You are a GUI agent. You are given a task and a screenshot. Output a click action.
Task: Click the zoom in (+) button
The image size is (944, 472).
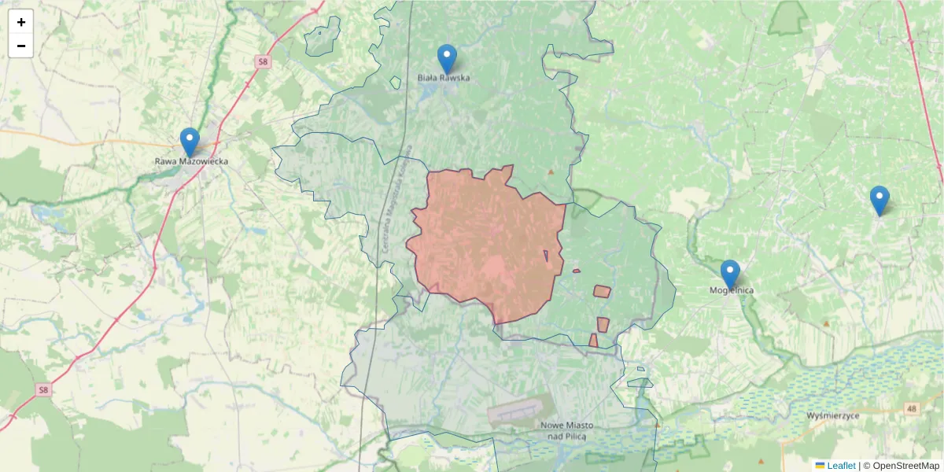tap(21, 22)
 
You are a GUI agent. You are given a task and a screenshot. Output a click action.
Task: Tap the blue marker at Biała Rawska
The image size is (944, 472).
tap(447, 58)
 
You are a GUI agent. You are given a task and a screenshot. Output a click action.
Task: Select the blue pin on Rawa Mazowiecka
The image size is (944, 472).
tap(190, 142)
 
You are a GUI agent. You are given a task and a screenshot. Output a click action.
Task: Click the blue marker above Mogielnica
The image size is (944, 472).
tap(730, 274)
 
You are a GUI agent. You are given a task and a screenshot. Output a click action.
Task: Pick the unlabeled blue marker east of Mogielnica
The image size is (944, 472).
tap(879, 200)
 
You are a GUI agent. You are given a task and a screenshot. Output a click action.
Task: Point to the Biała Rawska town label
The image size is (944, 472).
tap(444, 78)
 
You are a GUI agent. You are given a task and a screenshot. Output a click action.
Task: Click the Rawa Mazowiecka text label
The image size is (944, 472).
tap(191, 161)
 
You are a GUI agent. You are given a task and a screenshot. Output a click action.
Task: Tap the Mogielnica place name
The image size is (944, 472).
tap(732, 290)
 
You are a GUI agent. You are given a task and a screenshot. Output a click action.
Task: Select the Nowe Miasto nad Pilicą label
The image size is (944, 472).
tap(567, 430)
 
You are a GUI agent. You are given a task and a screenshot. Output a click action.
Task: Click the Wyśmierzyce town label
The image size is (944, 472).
tap(833, 415)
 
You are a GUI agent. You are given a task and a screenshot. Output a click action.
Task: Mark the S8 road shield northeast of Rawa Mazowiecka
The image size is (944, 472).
tap(262, 61)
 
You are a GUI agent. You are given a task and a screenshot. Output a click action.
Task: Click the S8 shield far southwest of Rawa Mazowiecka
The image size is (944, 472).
tap(43, 389)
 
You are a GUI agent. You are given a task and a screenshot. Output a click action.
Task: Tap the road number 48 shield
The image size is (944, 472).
tap(911, 408)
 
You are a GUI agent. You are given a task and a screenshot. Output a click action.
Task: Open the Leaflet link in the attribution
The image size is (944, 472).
tap(841, 466)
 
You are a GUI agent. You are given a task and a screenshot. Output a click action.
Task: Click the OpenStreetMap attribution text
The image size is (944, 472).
tap(905, 466)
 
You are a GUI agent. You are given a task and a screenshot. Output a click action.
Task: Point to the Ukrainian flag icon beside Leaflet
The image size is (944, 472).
tap(820, 466)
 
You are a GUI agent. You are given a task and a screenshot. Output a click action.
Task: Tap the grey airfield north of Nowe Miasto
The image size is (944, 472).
tap(515, 411)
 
